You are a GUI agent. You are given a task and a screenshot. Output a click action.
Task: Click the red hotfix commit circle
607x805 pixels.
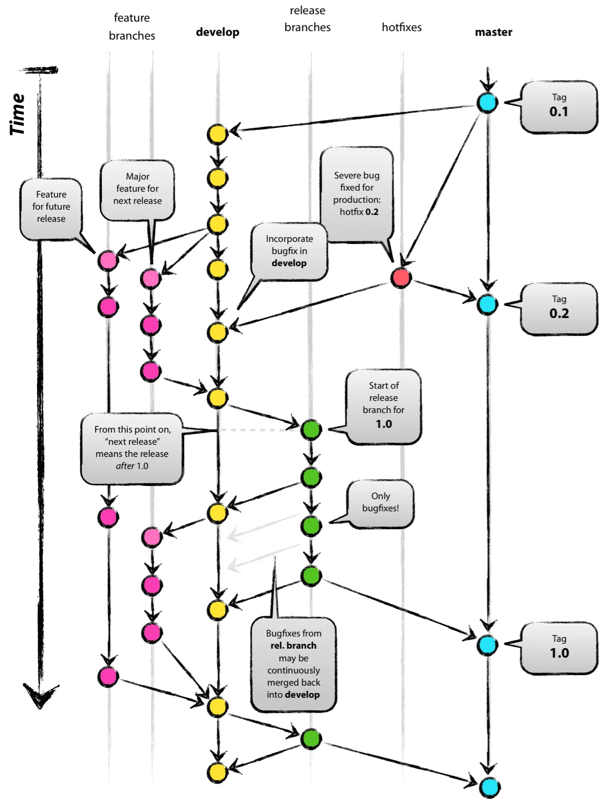(401, 277)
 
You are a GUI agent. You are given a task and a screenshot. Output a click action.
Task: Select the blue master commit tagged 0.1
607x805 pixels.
(487, 102)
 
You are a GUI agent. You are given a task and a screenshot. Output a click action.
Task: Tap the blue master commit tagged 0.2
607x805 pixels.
(487, 304)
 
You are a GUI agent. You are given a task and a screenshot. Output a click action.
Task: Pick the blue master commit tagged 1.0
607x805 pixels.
(487, 645)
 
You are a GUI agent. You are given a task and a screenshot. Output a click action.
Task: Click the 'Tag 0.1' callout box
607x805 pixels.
(559, 107)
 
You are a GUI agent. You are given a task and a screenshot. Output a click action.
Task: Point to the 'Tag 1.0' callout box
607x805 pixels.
(559, 648)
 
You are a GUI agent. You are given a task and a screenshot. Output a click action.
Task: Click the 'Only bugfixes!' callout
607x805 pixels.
(380, 503)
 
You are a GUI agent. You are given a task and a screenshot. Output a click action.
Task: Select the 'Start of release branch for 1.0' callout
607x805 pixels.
(384, 406)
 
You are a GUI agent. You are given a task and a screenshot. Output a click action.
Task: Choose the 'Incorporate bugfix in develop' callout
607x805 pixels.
(289, 251)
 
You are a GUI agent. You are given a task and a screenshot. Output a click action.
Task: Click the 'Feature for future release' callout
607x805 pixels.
(51, 208)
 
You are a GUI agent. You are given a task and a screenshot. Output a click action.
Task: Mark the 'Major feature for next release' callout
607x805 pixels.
(137, 189)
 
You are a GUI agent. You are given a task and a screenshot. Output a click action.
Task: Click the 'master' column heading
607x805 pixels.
(494, 32)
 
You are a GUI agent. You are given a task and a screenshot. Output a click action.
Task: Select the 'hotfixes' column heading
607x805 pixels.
(402, 27)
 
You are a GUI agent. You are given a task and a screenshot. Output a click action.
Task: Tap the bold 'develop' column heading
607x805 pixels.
(217, 32)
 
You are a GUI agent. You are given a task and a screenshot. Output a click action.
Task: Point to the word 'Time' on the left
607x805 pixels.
(17, 114)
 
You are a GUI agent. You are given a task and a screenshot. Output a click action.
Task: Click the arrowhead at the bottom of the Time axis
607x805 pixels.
(40, 696)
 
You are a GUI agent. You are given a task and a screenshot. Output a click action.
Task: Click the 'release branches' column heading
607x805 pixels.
(307, 19)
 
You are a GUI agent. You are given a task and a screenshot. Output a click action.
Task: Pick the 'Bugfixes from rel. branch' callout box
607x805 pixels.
(293, 664)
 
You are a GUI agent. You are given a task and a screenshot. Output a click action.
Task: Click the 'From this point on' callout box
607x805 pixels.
(132, 448)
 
